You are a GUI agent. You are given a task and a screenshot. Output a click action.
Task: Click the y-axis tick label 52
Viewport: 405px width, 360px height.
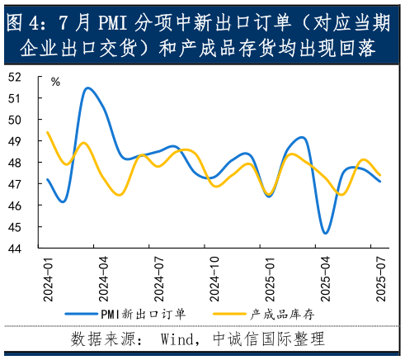14,77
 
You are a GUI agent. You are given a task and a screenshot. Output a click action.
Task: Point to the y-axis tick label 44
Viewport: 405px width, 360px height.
14,248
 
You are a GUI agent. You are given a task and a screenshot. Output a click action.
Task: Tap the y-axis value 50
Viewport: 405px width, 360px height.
14,120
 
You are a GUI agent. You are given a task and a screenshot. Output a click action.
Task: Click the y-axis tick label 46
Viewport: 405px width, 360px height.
14,205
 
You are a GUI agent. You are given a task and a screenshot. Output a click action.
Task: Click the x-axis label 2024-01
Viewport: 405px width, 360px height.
48,282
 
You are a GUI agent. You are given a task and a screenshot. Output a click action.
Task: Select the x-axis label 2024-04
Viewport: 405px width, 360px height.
104,282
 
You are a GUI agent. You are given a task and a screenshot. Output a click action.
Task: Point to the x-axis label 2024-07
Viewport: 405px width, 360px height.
159,282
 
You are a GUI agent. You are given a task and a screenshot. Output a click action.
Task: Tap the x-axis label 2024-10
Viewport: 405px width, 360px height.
215,282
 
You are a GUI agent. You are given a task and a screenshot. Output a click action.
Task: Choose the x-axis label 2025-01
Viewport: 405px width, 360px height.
270,282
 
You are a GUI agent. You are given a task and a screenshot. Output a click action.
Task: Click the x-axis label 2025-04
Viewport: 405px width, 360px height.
326,282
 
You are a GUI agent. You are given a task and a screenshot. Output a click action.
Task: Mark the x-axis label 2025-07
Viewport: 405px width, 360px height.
381,282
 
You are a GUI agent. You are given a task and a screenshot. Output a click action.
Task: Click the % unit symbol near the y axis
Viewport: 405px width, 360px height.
55,82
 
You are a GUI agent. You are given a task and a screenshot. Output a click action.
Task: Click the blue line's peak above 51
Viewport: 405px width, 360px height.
87,88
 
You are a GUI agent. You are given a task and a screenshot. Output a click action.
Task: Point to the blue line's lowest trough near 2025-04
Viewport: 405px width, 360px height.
326,234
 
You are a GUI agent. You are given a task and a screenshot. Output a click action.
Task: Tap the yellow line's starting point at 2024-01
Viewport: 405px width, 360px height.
48,132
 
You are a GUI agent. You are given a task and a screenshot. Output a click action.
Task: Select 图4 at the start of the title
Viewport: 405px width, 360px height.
23,20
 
